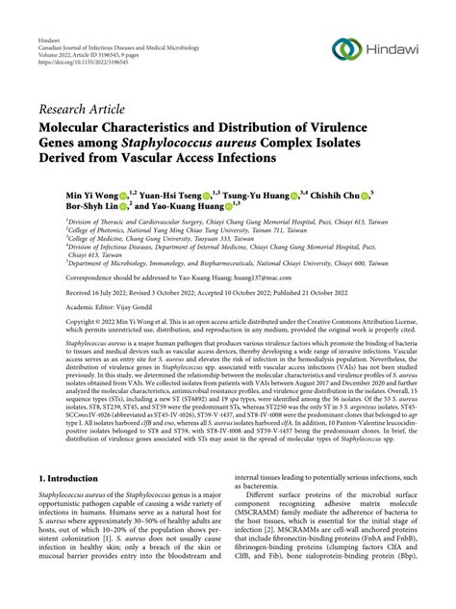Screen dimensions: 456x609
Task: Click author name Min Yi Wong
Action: (x=89, y=195)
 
